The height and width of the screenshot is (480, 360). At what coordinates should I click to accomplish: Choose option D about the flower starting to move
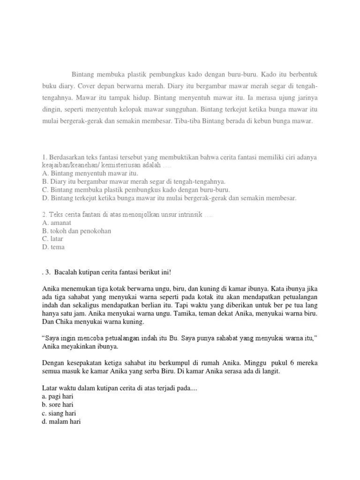[169, 198]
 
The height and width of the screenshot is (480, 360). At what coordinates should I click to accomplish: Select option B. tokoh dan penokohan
[76, 231]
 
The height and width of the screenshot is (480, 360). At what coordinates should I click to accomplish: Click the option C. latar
[52, 239]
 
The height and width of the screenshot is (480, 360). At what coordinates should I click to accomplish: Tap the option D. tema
[53, 247]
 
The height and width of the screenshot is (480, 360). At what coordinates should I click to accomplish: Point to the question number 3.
[48, 272]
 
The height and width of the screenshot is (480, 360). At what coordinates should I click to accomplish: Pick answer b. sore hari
[57, 405]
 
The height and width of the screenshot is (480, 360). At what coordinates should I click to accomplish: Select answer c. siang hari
[59, 413]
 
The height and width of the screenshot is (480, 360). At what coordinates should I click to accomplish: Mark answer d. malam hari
[61, 421]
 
